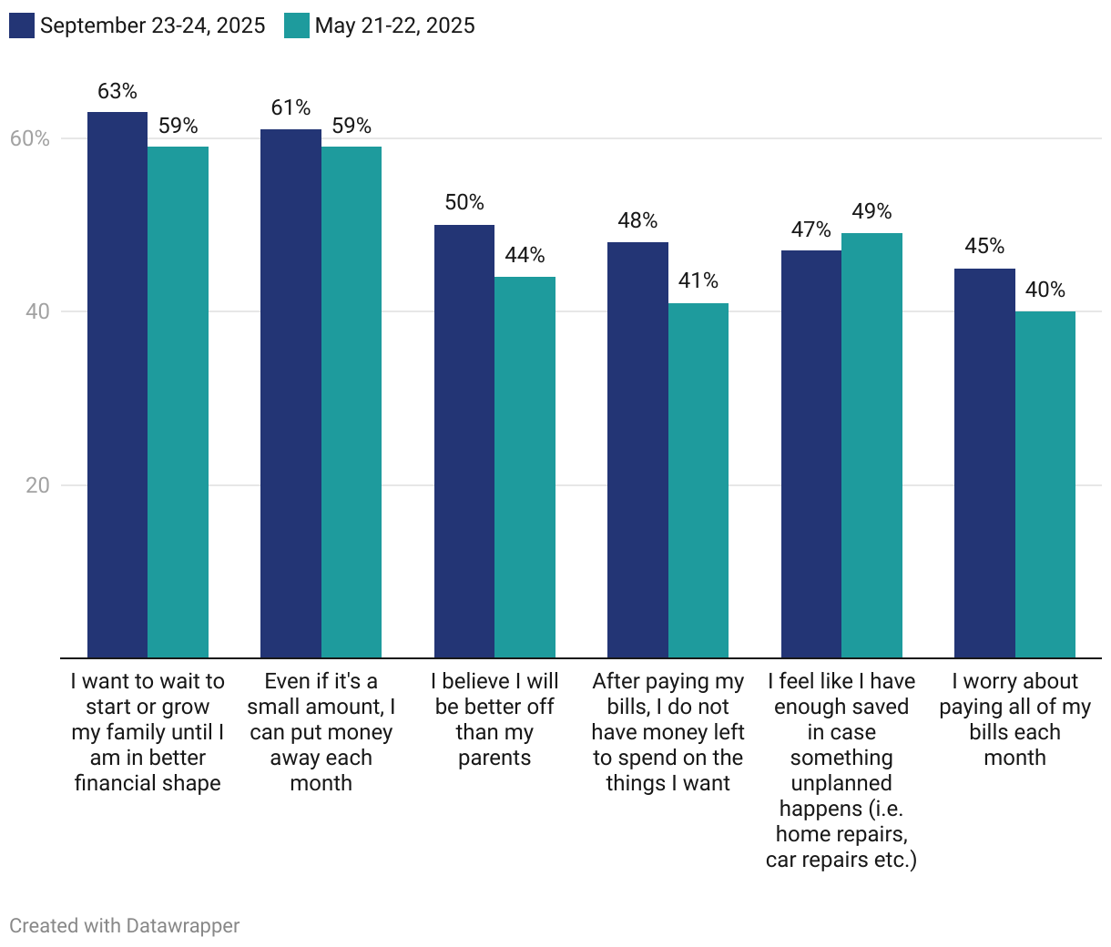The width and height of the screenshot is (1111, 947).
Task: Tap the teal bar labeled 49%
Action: click(x=871, y=445)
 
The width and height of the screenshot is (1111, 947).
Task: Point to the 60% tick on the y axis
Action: click(x=30, y=138)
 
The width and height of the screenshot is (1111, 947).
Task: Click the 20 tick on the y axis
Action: click(x=37, y=485)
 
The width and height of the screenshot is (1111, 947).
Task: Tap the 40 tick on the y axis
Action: click(x=37, y=311)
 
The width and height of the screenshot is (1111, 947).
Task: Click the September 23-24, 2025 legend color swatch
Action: click(x=22, y=25)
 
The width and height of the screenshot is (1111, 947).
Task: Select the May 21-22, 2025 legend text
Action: click(x=394, y=25)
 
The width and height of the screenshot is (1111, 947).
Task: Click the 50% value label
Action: click(x=464, y=202)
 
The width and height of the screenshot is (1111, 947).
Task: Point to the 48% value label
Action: click(x=637, y=220)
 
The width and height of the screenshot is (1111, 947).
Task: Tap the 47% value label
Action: click(x=810, y=229)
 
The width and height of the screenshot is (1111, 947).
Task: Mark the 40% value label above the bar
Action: click(x=1045, y=290)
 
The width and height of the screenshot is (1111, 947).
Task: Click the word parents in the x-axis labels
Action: click(x=494, y=758)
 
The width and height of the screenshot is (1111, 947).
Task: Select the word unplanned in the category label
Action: click(x=841, y=783)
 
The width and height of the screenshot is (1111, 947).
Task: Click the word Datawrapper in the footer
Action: click(x=183, y=926)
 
